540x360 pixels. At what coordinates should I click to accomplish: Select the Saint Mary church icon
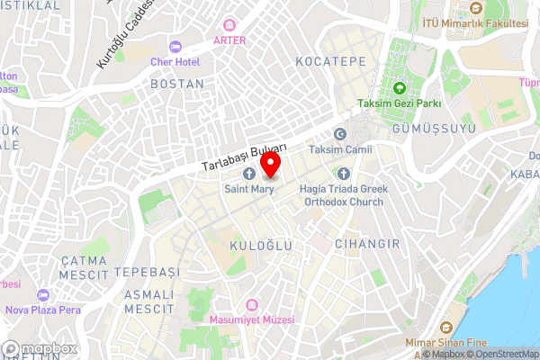(x=249, y=173)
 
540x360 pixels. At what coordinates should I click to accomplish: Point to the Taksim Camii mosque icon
(x=340, y=134)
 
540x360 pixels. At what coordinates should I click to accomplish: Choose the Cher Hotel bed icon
(x=175, y=46)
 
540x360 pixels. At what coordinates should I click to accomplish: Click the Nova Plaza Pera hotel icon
(x=41, y=295)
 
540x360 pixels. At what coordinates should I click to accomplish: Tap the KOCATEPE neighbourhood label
(x=330, y=61)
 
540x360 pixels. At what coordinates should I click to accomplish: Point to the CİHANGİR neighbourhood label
(x=359, y=243)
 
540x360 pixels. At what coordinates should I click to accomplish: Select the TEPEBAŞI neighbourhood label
(x=148, y=272)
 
